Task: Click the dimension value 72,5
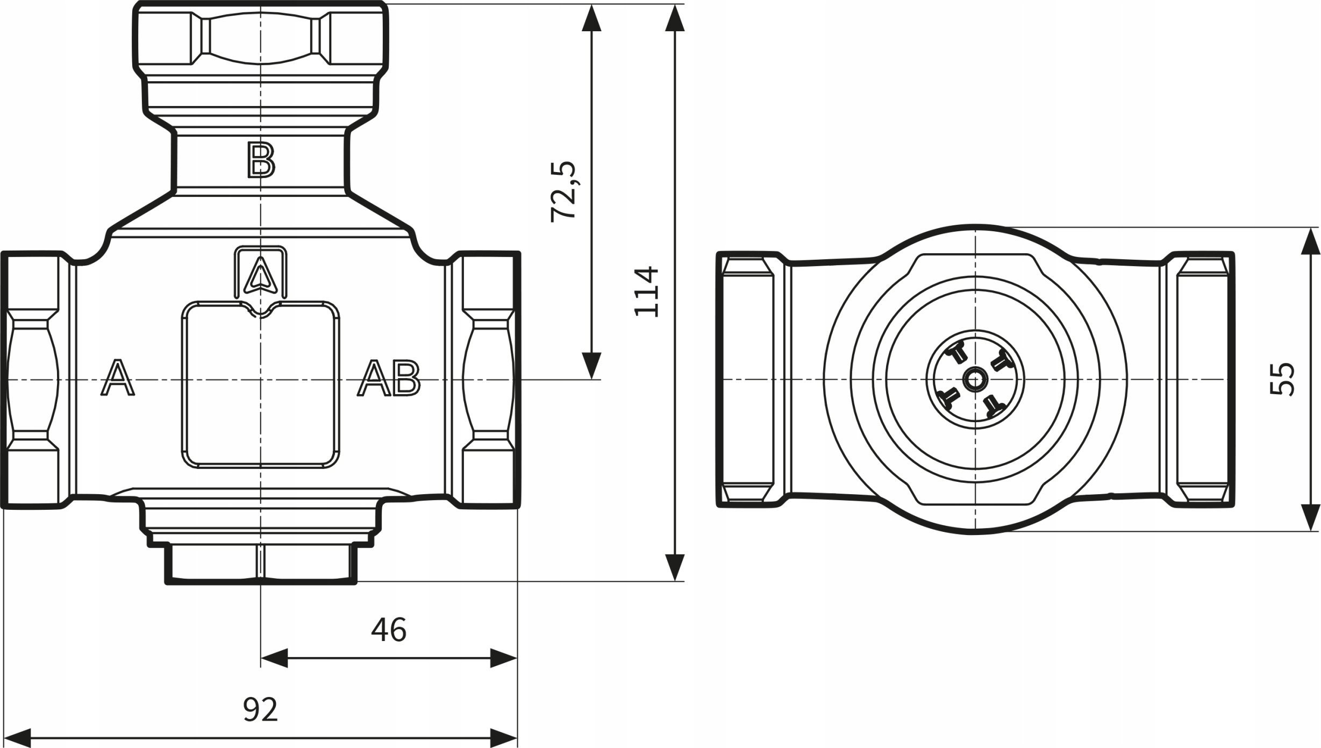(x=563, y=191)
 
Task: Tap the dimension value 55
(x=1282, y=380)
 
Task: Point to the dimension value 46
(x=389, y=630)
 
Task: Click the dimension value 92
(x=260, y=710)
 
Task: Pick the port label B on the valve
(x=261, y=160)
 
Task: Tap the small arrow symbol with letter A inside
(x=261, y=273)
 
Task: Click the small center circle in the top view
(x=974, y=380)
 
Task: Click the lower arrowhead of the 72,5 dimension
(x=591, y=366)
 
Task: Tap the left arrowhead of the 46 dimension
(x=275, y=658)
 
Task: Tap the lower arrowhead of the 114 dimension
(x=675, y=567)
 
